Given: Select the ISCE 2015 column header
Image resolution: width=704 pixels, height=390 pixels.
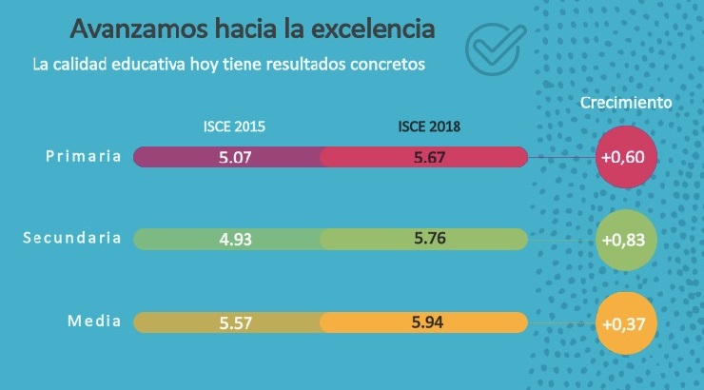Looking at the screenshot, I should click(234, 127).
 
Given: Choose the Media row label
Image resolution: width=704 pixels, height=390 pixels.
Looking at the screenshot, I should click(93, 321).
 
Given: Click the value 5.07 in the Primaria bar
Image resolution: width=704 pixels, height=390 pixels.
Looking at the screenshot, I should click(234, 158).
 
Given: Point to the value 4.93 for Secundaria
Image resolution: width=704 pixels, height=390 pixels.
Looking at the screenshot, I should click(234, 240).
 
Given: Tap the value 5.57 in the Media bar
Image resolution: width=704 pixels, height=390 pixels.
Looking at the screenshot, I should click(234, 322).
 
